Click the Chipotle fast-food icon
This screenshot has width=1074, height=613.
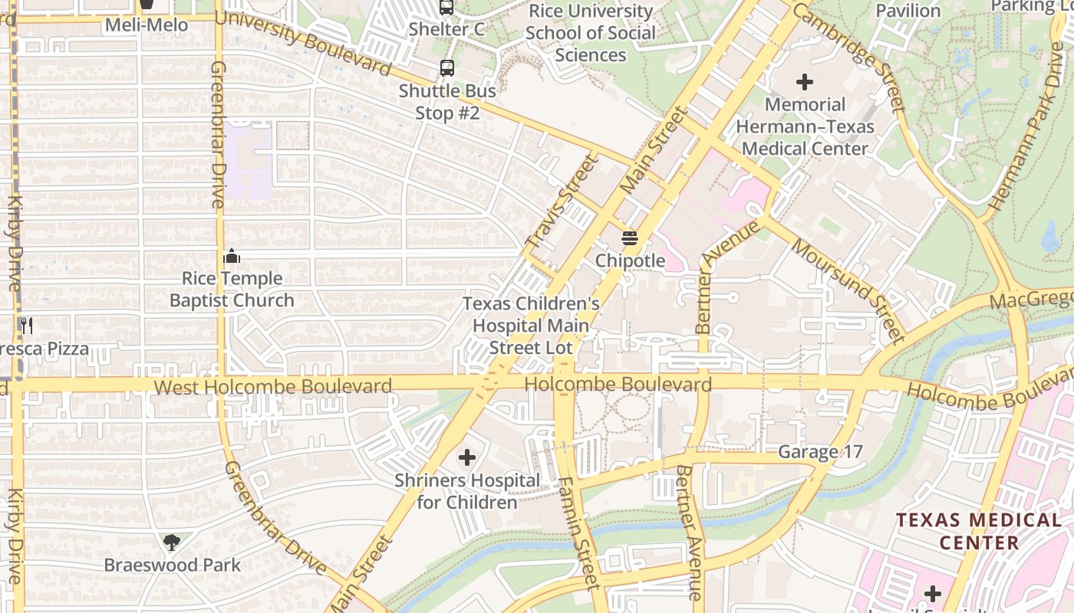[630, 238]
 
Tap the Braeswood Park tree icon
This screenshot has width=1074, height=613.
[172, 543]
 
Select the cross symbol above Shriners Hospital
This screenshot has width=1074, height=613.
[466, 458]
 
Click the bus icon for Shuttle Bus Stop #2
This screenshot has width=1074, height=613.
[446, 68]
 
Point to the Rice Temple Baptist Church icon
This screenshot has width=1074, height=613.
[232, 256]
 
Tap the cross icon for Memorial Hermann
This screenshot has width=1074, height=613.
[805, 81]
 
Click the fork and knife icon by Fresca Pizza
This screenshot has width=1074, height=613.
[27, 326]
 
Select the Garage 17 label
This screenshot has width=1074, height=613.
[820, 452]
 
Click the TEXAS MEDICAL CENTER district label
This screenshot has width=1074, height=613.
[979, 531]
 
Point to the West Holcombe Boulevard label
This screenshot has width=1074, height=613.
[273, 386]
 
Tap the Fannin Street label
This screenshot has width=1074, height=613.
[576, 533]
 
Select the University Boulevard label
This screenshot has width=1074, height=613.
[303, 43]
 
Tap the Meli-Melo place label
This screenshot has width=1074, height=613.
[147, 25]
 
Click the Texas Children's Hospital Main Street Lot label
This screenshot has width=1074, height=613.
[531, 326]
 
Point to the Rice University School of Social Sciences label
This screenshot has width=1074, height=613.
[590, 33]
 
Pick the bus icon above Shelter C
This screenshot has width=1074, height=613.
[446, 8]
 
